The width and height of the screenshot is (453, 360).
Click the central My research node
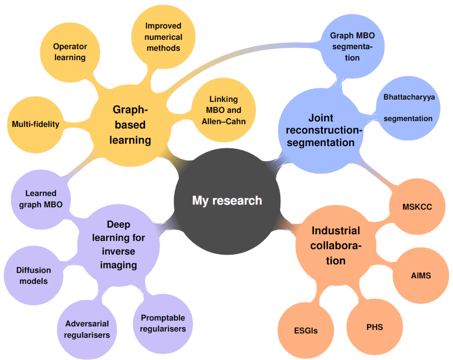(227, 201)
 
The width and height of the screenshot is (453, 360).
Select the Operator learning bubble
(70, 52)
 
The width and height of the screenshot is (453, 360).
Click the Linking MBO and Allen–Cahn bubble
(223, 110)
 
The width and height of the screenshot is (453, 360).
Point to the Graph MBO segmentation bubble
(352, 46)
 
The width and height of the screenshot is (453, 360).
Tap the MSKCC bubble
(417, 207)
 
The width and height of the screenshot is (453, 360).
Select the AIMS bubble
(421, 275)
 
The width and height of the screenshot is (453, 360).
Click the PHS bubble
(374, 328)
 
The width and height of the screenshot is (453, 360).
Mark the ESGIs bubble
(306, 330)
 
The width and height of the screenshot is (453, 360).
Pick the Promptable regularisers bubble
(163, 323)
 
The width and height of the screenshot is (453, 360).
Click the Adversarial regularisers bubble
(87, 329)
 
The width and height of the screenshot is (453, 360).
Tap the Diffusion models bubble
(34, 275)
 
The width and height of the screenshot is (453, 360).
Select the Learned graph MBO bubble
(41, 199)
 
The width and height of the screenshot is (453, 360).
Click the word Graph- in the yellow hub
(130, 109)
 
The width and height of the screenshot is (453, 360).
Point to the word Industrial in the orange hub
(336, 230)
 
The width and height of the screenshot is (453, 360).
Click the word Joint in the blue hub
(321, 118)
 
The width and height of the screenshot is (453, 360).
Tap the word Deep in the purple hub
(119, 225)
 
